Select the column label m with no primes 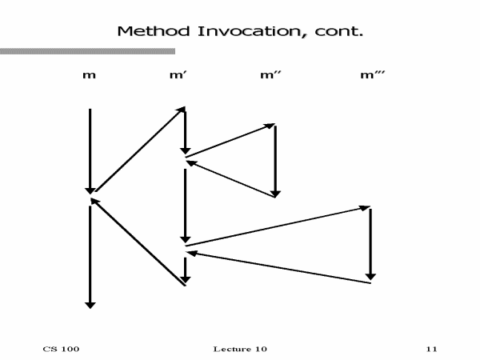[90, 76]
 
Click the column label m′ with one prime [178, 76]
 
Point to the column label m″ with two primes [270, 76]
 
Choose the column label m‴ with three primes [369, 76]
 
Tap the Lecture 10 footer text [241, 349]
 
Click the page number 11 [432, 349]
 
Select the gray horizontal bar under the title [87, 51]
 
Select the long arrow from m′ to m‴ [277, 226]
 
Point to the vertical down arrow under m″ [275, 160]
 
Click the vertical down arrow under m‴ [370, 244]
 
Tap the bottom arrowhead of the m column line [90, 304]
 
